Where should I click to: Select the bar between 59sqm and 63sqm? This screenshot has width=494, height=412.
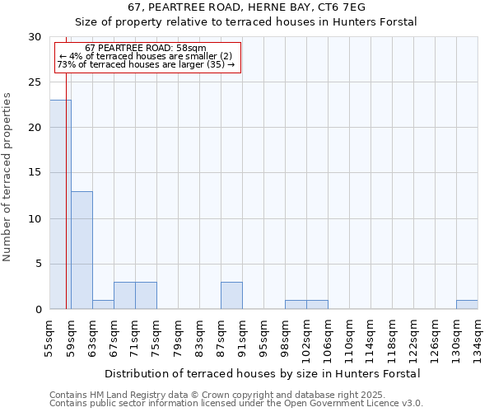click(82, 250)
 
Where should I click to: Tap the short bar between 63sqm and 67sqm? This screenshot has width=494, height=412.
click(103, 305)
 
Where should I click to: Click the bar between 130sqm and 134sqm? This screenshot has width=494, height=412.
click(467, 305)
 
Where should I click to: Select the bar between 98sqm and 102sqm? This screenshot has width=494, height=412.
click(296, 305)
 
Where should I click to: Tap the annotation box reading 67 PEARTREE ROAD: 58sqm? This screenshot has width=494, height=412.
click(147, 56)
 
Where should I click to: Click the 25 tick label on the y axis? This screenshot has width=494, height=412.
click(35, 82)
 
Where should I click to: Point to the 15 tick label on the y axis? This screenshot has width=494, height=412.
click(35, 173)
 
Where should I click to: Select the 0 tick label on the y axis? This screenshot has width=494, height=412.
click(38, 310)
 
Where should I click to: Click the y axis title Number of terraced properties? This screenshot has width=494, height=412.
click(7, 176)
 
